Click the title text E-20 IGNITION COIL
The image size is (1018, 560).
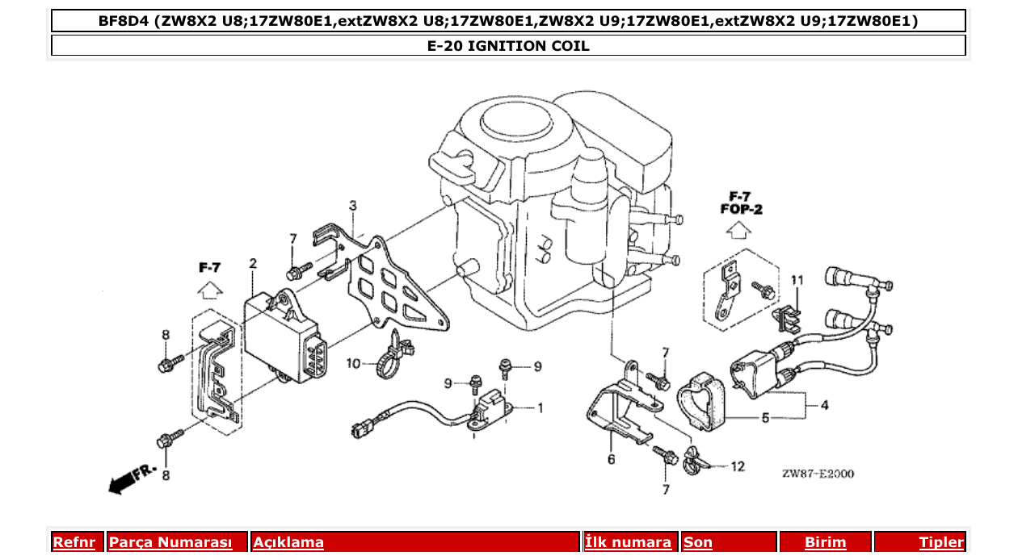[508, 46]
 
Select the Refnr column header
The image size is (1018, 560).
[74, 542]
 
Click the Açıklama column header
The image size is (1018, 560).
[288, 542]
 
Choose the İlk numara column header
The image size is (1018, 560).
[628, 542]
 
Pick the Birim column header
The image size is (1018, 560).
[825, 542]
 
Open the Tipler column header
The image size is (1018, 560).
[941, 542]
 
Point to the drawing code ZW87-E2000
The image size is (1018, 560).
[818, 474]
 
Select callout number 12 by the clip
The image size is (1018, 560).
[738, 466]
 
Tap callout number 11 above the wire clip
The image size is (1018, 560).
[797, 280]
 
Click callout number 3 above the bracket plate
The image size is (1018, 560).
[352, 207]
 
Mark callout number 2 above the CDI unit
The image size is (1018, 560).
[253, 264]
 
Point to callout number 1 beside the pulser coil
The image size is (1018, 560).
[540, 407]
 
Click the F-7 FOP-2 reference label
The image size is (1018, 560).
[740, 203]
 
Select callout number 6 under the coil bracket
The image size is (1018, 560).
[611, 459]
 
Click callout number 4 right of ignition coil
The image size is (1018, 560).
[824, 405]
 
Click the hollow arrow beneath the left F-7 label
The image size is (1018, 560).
[209, 290]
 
